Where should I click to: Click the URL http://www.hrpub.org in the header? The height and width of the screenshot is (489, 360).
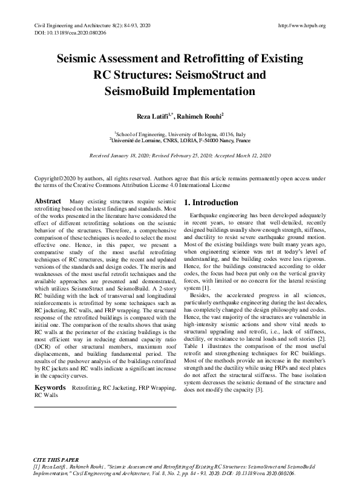click(x=301, y=25)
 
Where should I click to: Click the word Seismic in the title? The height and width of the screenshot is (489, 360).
click(x=82, y=61)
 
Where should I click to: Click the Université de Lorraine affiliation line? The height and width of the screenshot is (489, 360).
click(x=180, y=139)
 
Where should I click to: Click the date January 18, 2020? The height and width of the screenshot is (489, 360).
click(x=134, y=156)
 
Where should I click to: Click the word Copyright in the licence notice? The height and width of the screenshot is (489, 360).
click(x=46, y=179)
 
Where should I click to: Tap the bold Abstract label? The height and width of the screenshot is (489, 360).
click(x=48, y=201)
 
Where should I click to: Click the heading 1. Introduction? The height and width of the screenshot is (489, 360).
click(x=211, y=202)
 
